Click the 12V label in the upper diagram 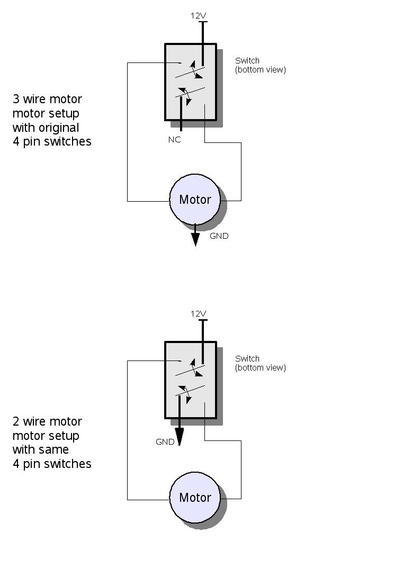tap(198, 15)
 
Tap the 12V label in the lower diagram tap(198, 314)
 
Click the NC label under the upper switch tap(174, 139)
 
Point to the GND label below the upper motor tap(219, 236)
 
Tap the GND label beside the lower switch tap(165, 441)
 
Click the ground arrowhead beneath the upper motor tap(195, 240)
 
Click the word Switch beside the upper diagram tap(247, 60)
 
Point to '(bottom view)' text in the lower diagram tap(260, 368)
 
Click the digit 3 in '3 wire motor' tap(16, 99)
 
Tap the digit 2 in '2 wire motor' tap(16, 421)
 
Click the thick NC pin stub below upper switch tap(181, 114)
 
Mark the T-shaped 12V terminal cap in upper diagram tap(203, 22)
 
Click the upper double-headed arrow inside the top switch tap(196, 69)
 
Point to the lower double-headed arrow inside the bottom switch tap(185, 394)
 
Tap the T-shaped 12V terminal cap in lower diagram tap(203, 320)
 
